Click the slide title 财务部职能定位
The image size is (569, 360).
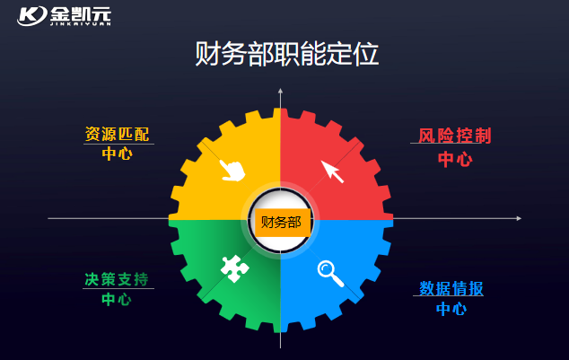(x=286, y=54)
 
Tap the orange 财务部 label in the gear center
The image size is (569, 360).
(x=282, y=223)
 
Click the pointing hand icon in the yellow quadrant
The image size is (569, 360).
(x=232, y=171)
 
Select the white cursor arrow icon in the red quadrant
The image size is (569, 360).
(x=332, y=171)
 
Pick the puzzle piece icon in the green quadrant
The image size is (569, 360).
(x=235, y=268)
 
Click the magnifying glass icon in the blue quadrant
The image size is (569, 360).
(x=330, y=273)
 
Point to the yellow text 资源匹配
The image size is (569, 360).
(x=118, y=135)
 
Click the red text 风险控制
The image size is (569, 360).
(x=455, y=136)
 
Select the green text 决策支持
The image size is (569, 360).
(x=117, y=279)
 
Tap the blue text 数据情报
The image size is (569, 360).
(x=451, y=288)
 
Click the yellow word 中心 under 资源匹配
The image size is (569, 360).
(x=118, y=154)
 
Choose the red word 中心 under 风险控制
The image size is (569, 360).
(x=455, y=159)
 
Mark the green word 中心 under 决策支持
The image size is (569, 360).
(x=117, y=299)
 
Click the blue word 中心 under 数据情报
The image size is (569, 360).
(x=451, y=309)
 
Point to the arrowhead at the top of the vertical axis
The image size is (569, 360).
(x=280, y=91)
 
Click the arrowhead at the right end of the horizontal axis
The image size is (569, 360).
(x=520, y=218)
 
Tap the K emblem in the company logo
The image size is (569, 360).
(x=32, y=15)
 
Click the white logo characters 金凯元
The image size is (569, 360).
(x=81, y=14)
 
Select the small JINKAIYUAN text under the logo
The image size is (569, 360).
(x=81, y=24)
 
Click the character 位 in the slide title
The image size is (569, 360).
(x=366, y=54)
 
